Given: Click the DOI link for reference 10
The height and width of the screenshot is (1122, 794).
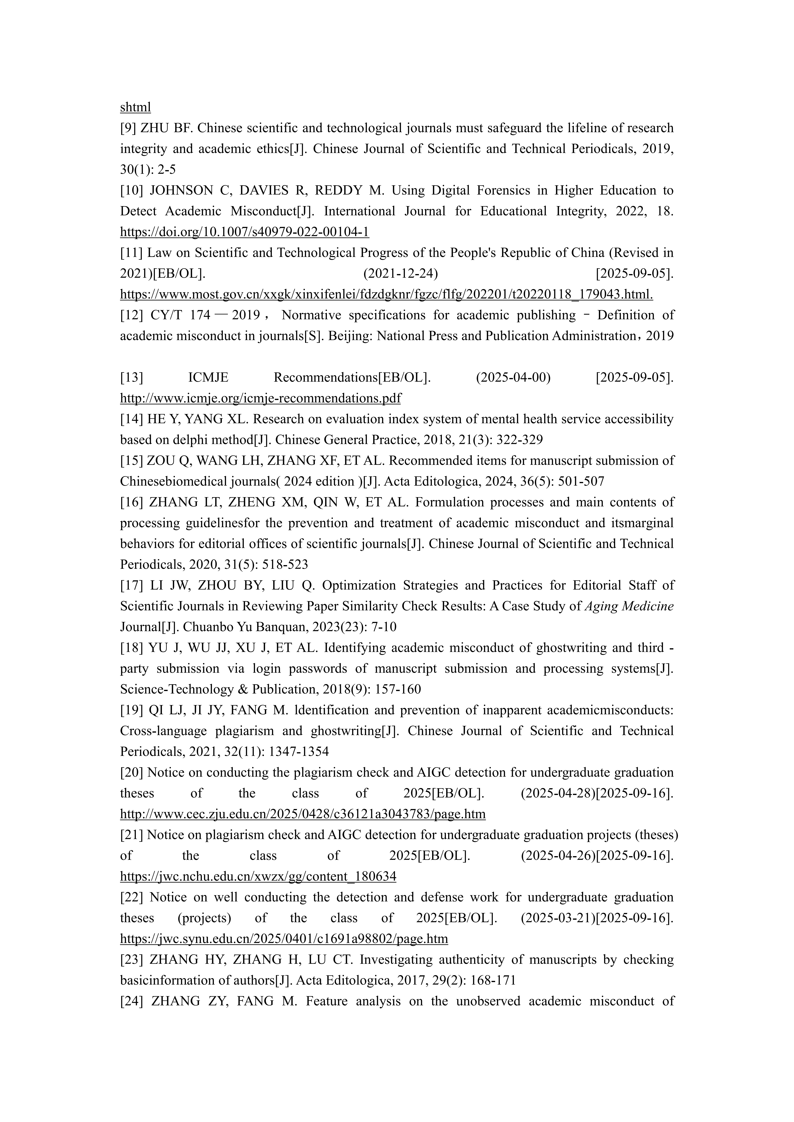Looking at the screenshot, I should point(244,232).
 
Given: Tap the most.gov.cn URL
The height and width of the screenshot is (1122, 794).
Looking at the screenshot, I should point(386,294).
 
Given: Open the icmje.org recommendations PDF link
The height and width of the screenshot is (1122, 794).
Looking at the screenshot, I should point(260,398).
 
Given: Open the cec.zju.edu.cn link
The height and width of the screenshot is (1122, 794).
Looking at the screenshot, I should point(303,814).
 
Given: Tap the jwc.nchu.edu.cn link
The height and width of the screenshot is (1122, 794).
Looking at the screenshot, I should point(258,876).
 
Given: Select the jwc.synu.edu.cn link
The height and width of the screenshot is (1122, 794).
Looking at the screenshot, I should point(284,939).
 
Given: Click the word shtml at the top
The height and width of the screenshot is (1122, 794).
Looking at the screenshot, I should point(135,107).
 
